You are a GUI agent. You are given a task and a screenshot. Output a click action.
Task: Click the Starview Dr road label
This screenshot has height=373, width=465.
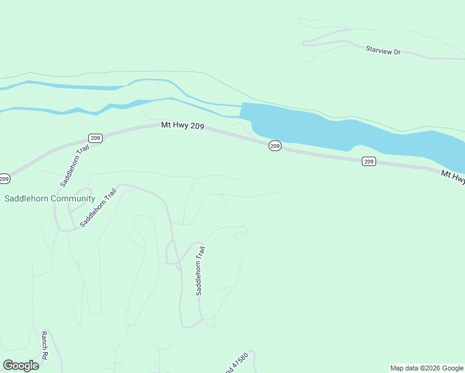click(x=384, y=48)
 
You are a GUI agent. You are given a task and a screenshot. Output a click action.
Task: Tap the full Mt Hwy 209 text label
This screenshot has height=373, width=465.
click(x=183, y=126)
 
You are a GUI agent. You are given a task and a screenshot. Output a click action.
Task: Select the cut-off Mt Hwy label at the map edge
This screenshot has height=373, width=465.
click(x=453, y=177)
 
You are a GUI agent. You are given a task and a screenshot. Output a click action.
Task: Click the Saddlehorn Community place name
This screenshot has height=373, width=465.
click(x=50, y=199)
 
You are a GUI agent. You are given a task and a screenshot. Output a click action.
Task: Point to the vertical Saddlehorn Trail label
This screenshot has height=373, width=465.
click(x=200, y=270)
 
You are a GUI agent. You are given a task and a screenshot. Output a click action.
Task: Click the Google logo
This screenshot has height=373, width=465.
click(x=21, y=365)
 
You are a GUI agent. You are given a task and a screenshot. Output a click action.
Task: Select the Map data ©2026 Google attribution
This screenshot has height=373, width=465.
click(x=426, y=368)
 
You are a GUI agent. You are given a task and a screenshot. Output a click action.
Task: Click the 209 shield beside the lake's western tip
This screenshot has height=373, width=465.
click(x=275, y=146)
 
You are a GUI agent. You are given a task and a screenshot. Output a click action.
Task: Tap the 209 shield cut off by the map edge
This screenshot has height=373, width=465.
click(x=4, y=179)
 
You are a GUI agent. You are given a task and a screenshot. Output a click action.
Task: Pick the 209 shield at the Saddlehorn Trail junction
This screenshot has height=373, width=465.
click(x=94, y=138)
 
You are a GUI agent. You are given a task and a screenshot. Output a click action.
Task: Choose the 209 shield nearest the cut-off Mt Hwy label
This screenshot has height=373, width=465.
click(x=369, y=162)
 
